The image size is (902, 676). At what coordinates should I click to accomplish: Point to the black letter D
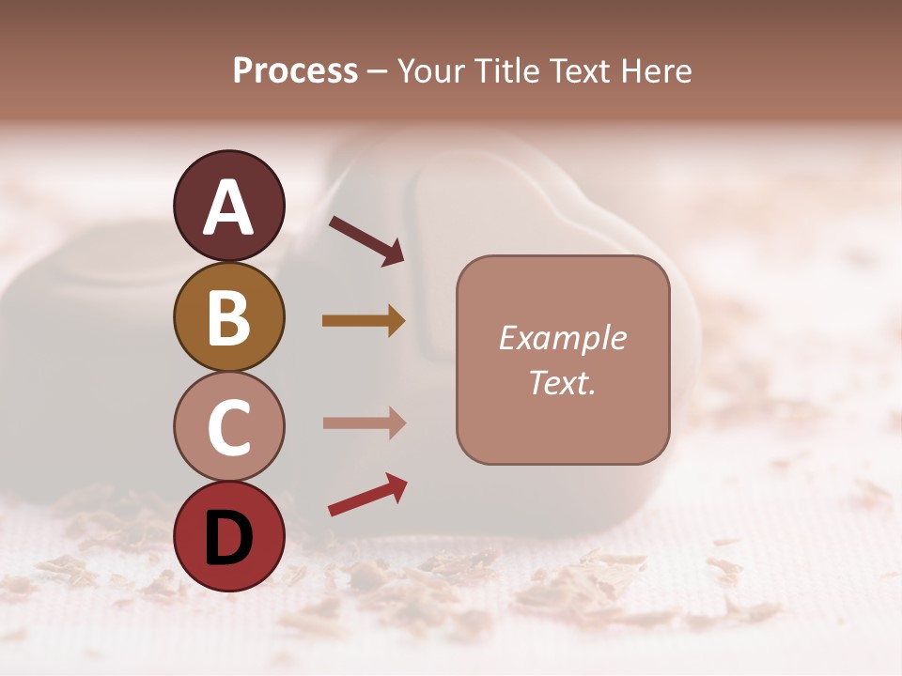click(228, 538)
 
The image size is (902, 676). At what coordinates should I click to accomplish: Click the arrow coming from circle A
click(366, 240)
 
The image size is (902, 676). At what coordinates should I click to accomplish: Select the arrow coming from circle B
click(364, 321)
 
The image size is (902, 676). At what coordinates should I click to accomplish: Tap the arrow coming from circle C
click(364, 422)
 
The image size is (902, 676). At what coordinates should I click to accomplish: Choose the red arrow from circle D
click(367, 495)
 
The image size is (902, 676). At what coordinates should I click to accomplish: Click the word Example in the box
click(562, 338)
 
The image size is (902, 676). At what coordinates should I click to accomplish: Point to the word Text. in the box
click(562, 382)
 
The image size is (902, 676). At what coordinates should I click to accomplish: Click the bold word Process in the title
click(295, 71)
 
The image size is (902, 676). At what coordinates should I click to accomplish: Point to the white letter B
click(228, 318)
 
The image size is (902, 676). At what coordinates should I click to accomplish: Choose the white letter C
click(228, 427)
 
